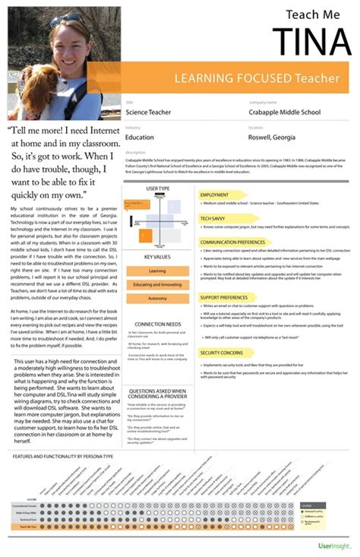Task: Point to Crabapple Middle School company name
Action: point(286,112)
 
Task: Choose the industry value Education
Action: point(139,138)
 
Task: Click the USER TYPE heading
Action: point(158,188)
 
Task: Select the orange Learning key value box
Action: point(157,271)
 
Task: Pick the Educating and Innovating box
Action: point(157,284)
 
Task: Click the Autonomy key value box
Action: point(157,298)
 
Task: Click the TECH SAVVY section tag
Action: point(212,218)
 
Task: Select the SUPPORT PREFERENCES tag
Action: point(223,297)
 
